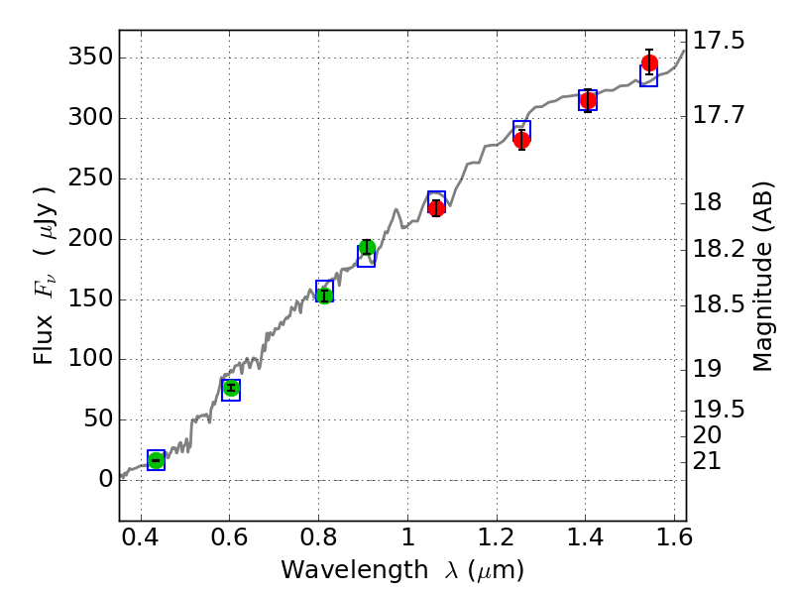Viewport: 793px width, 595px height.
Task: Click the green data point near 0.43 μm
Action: coord(156,459)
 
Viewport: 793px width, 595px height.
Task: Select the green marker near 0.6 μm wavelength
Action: coord(231,388)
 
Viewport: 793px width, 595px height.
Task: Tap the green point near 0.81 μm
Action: coord(324,295)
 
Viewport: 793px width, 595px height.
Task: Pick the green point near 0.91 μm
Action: coord(367,248)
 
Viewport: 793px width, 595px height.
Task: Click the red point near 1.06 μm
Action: coord(436,207)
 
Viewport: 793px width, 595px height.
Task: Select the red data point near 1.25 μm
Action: coord(521,140)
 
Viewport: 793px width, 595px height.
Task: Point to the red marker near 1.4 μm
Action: coord(588,100)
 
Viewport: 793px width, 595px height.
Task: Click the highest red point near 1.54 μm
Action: coord(649,63)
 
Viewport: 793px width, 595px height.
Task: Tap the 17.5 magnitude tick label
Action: coord(719,41)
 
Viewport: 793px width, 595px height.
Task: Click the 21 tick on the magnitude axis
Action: coord(708,461)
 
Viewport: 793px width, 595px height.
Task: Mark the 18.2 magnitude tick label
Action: coord(719,248)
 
